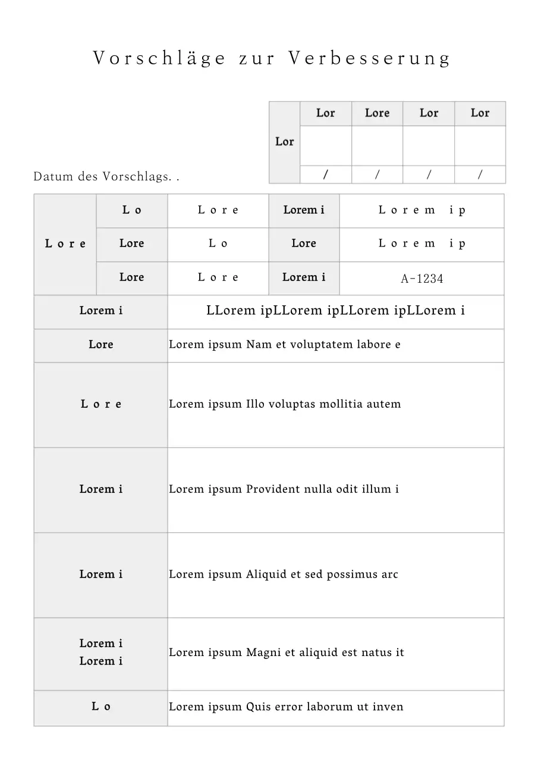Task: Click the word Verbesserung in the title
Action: pos(370,58)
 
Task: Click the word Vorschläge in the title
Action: pos(159,58)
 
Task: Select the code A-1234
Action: pos(422,279)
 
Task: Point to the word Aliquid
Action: pos(264,574)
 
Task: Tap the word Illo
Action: pos(256,404)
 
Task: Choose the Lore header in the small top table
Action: pos(377,113)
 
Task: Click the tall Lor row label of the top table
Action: pos(284,142)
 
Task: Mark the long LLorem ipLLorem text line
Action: pos(335,311)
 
